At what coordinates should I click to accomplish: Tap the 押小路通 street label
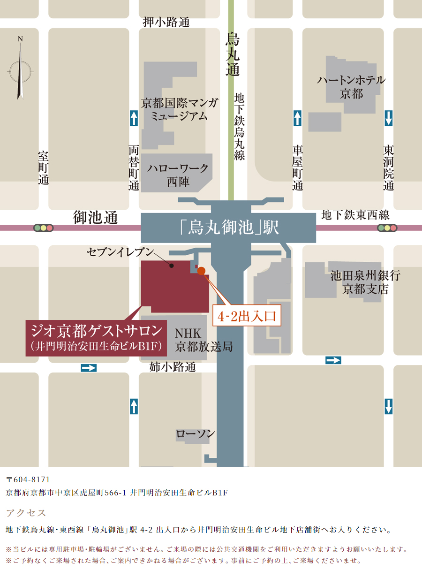pyautogui.click(x=166, y=22)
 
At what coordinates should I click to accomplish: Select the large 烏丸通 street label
pyautogui.click(x=233, y=54)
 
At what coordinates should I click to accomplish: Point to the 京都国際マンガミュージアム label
pyautogui.click(x=180, y=109)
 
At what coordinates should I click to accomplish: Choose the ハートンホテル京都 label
pyautogui.click(x=351, y=87)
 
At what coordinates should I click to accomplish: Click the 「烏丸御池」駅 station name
pyautogui.click(x=229, y=228)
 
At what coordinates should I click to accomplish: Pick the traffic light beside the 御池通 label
pyautogui.click(x=43, y=228)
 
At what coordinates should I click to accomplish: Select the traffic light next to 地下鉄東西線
pyautogui.click(x=387, y=228)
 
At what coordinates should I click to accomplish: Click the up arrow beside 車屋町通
pyautogui.click(x=297, y=118)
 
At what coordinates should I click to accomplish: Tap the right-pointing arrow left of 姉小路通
pyautogui.click(x=89, y=368)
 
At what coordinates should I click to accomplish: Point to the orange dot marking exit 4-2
pyautogui.click(x=202, y=271)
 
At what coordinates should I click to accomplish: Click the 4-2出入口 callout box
pyautogui.click(x=247, y=316)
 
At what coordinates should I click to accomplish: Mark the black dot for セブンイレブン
pyautogui.click(x=172, y=266)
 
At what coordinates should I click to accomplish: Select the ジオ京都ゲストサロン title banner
pyautogui.click(x=97, y=337)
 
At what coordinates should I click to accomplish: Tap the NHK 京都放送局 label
pyautogui.click(x=203, y=340)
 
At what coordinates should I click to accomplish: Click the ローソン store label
pyautogui.click(x=196, y=433)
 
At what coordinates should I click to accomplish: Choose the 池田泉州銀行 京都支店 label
pyautogui.click(x=365, y=282)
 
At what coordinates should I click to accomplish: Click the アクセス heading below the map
pyautogui.click(x=26, y=512)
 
